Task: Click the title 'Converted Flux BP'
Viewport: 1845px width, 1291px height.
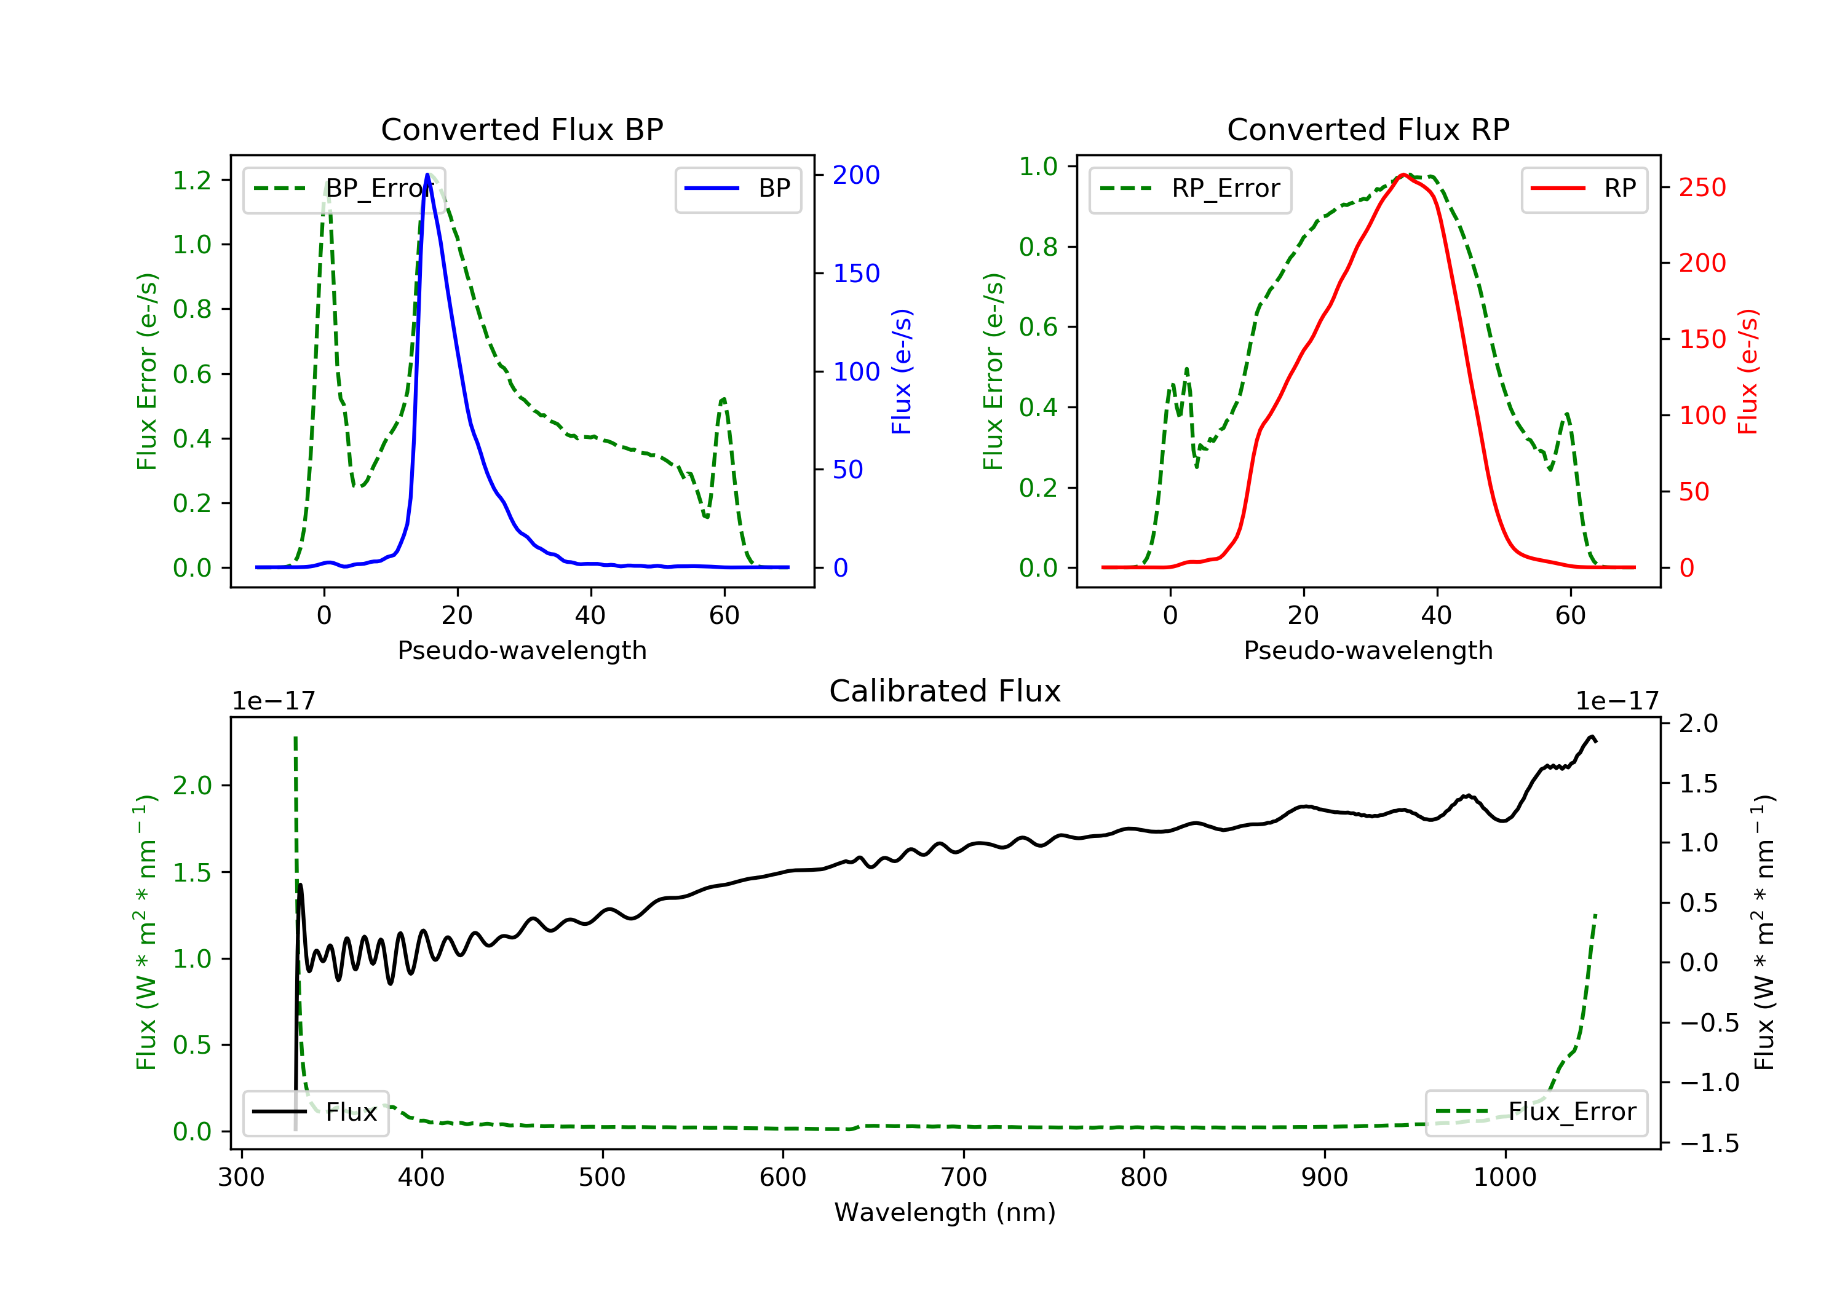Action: click(522, 129)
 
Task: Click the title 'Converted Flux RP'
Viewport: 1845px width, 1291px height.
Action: click(1368, 129)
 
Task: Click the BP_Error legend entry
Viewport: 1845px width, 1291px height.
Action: click(344, 189)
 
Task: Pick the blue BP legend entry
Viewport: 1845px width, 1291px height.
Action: click(737, 189)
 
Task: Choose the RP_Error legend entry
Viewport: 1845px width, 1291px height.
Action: click(1189, 189)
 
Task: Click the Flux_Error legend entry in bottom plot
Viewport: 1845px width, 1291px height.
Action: click(1536, 1112)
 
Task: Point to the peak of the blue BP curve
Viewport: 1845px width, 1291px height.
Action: click(427, 175)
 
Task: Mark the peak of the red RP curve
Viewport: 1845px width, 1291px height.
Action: click(1403, 175)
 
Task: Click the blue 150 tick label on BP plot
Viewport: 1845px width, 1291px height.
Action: click(856, 274)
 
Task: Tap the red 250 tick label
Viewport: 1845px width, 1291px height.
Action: click(1702, 188)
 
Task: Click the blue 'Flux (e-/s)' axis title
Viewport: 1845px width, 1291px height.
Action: click(902, 371)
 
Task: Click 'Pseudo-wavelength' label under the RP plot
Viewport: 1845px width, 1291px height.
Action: click(1368, 650)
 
